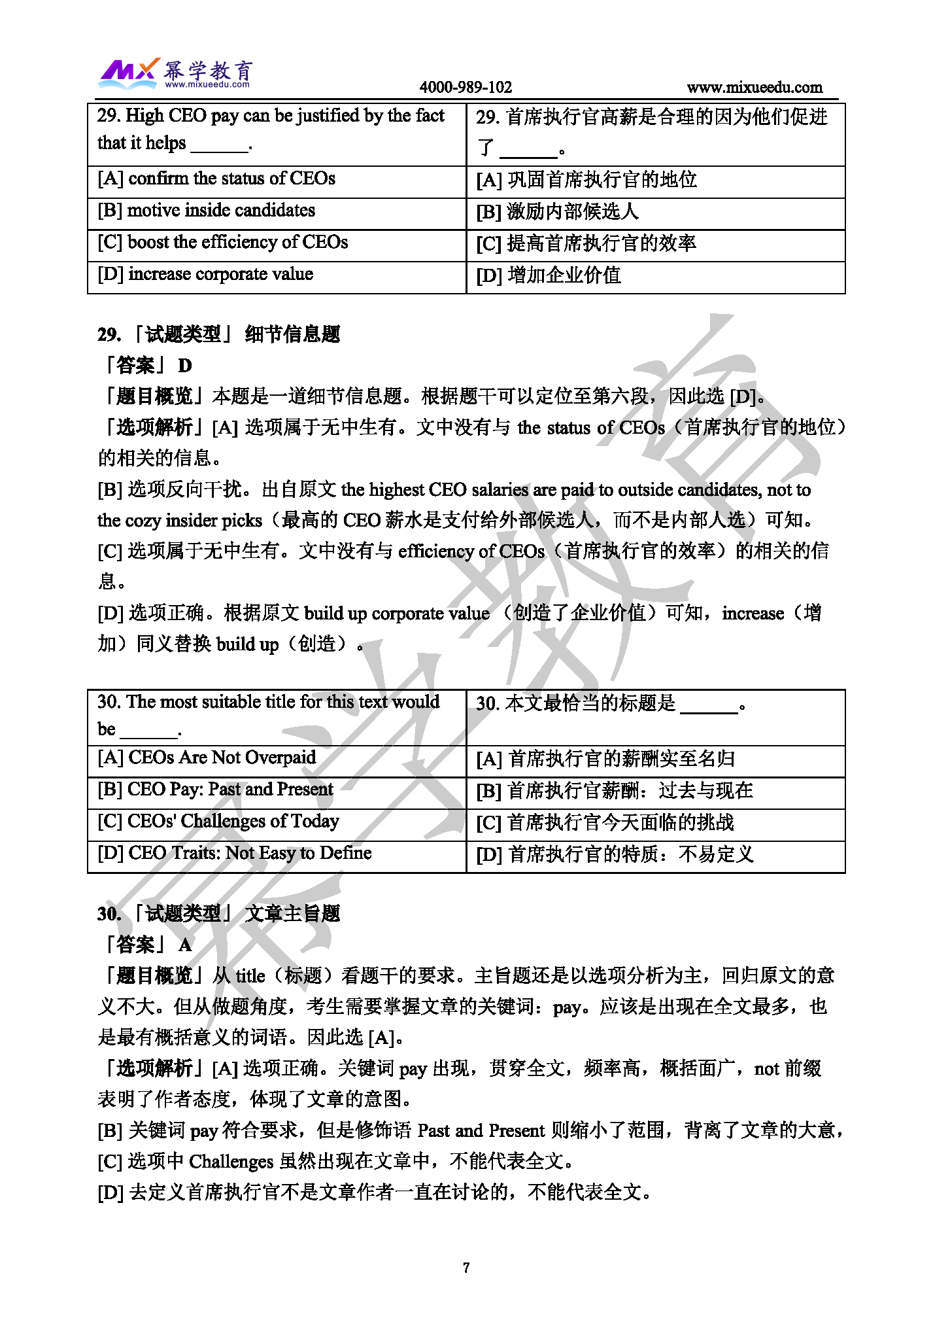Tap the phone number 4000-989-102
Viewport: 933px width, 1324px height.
[x=466, y=87]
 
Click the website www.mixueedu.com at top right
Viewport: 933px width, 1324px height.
[x=755, y=87]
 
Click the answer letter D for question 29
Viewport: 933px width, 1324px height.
[x=185, y=366]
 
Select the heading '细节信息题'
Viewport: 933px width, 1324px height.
[x=292, y=334]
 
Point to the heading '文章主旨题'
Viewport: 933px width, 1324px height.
[x=292, y=913]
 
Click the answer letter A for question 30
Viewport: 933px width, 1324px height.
[x=185, y=945]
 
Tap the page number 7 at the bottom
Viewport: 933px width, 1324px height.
[x=466, y=1268]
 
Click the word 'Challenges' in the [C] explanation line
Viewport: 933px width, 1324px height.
[x=231, y=1161]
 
